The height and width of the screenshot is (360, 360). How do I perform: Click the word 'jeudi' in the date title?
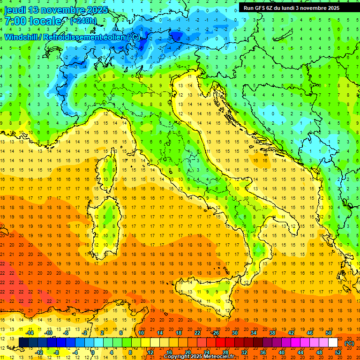15,10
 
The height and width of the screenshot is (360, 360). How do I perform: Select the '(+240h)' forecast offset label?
83,21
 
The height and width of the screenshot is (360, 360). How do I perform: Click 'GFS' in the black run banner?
262,8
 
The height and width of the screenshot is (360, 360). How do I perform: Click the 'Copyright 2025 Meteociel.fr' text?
202,356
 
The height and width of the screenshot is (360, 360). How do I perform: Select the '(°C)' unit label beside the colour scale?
349,343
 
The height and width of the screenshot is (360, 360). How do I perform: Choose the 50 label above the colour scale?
329,333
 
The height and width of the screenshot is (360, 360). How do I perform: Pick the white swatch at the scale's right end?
333,343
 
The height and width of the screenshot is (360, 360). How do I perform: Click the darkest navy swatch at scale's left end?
23,343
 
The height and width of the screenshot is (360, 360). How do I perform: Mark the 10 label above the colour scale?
141,333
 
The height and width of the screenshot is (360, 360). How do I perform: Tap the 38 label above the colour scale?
272,333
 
